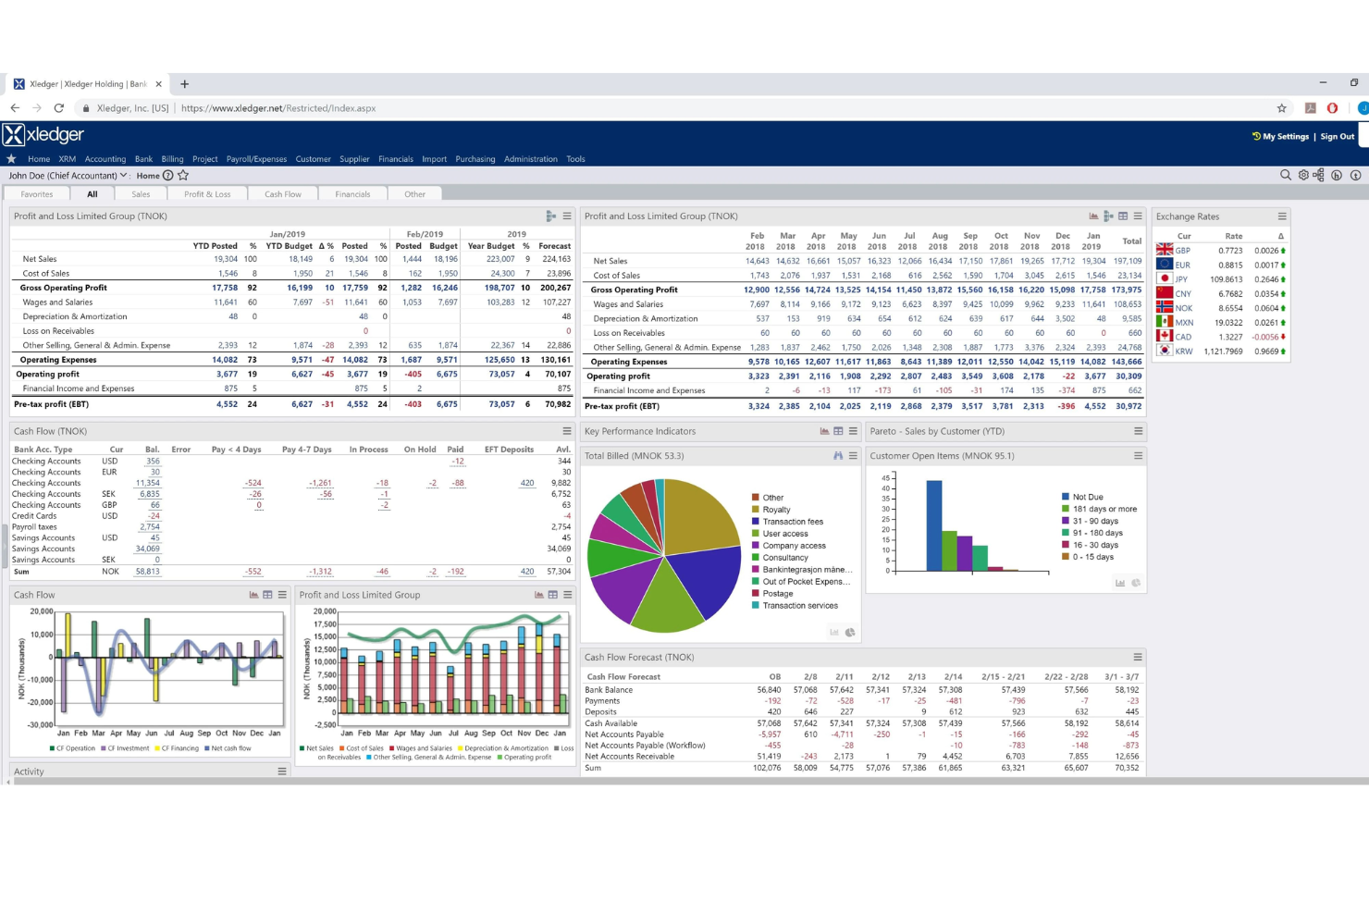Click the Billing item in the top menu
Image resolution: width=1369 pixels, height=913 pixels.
coord(172,159)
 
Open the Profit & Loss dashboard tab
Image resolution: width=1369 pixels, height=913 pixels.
coord(207,194)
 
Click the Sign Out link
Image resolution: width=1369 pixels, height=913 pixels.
coord(1337,136)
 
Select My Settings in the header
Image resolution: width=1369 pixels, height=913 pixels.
coord(1285,136)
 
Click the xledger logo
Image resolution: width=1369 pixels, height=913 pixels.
coord(43,135)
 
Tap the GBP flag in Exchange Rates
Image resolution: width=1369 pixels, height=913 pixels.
coord(1165,250)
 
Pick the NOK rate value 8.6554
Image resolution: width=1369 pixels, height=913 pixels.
coord(1230,308)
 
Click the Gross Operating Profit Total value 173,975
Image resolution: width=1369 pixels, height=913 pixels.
coord(1126,290)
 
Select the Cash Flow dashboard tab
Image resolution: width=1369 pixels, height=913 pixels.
coord(282,194)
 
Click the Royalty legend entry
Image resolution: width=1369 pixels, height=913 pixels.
coord(776,510)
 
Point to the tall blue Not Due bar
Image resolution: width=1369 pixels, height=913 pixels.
coord(933,525)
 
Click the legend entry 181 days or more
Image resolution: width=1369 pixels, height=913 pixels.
coord(1104,509)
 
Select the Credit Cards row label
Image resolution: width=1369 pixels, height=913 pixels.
coord(34,516)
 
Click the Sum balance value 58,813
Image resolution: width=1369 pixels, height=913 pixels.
coord(147,572)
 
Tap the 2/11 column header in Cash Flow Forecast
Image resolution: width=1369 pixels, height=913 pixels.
coord(844,677)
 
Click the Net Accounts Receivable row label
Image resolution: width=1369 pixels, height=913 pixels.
coord(629,757)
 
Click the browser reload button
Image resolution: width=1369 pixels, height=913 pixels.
coord(58,108)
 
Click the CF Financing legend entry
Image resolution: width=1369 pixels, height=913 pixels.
coord(179,748)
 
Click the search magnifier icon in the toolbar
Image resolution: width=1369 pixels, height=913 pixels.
coord(1285,175)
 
